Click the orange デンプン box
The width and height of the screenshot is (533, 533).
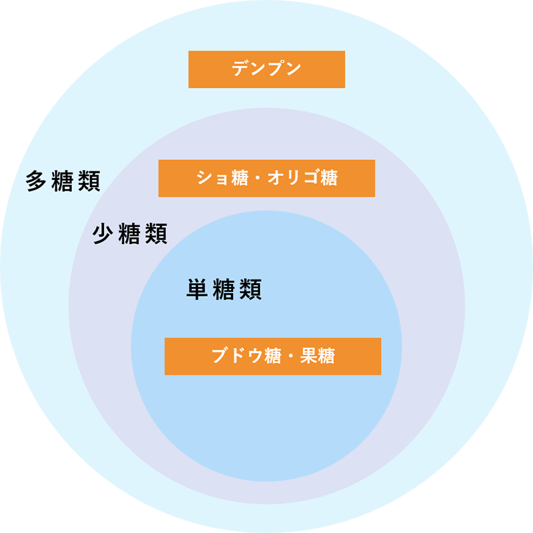tap(266, 69)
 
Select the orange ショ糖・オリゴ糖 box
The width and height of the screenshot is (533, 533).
tap(266, 178)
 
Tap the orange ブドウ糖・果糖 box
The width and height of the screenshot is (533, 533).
tap(272, 356)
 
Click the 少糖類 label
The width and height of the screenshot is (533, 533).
tap(130, 234)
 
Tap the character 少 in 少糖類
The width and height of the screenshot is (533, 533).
tap(104, 234)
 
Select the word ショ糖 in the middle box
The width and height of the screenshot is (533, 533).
tap(221, 178)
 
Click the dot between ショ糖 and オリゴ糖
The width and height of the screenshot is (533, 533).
tap(257, 178)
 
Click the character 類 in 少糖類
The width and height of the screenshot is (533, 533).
tap(157, 234)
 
